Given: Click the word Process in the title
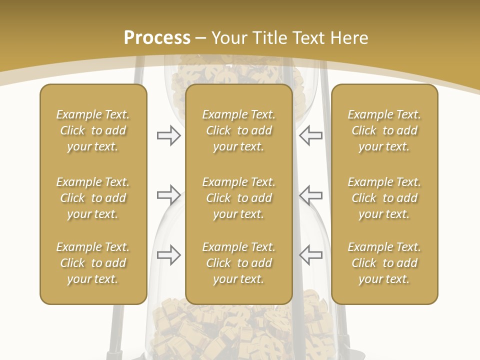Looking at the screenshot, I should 157,37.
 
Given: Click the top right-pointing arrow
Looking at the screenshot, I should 168,135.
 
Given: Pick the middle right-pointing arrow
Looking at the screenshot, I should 168,195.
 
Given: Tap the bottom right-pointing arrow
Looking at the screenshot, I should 168,254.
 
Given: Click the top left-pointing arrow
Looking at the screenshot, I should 311,135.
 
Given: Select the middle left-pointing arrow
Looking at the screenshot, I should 311,195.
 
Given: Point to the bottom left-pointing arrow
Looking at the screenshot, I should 311,254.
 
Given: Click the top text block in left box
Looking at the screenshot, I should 93,130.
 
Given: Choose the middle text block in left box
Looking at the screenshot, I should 93,198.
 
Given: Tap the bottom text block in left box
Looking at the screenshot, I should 93,263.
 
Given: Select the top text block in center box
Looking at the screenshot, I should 238,130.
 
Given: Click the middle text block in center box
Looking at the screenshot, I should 238,198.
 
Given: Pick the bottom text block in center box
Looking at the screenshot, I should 238,263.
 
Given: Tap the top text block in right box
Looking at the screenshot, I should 384,130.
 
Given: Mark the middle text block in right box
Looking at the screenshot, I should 384,198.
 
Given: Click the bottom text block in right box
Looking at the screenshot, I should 384,263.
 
